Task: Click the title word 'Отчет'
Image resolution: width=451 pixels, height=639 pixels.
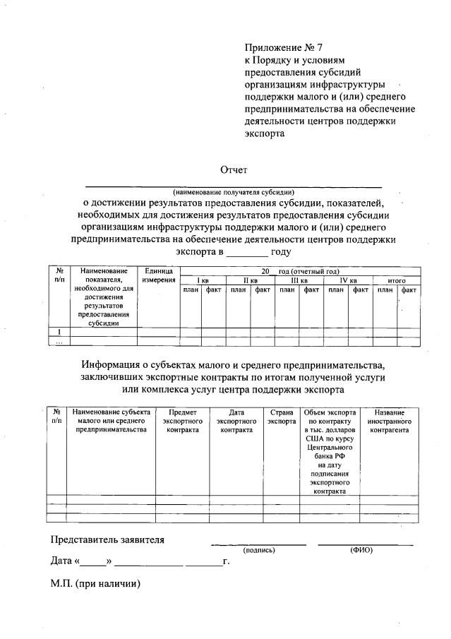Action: point(234,169)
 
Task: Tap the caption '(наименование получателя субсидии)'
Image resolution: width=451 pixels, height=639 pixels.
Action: point(234,192)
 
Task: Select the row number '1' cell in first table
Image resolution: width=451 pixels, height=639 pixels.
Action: point(59,332)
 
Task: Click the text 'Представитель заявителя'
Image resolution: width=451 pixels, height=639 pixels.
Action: point(107,540)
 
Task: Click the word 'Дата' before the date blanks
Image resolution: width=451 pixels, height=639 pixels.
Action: point(61,562)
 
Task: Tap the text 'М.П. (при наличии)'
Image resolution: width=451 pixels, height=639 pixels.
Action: point(95,584)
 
